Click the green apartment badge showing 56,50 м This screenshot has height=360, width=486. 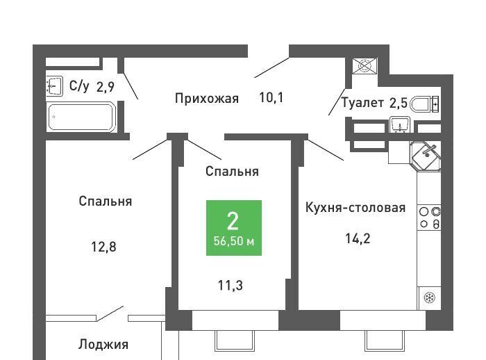pyautogui.click(x=234, y=228)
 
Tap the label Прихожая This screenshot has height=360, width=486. pyautogui.click(x=207, y=99)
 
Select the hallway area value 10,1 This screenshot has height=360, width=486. pyautogui.click(x=271, y=98)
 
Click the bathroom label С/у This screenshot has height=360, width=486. pyautogui.click(x=79, y=86)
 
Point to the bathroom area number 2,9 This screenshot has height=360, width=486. pyautogui.click(x=106, y=87)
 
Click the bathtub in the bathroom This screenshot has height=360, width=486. pyautogui.click(x=81, y=117)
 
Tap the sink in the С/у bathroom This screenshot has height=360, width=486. pyautogui.click(x=55, y=85)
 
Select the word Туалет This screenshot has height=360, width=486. pyautogui.click(x=362, y=102)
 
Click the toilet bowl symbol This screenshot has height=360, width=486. pyautogui.click(x=424, y=104)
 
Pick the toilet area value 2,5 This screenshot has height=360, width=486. pyautogui.click(x=398, y=103)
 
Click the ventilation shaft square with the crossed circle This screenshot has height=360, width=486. pyautogui.click(x=364, y=66)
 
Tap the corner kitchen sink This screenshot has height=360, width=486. pyautogui.click(x=426, y=156)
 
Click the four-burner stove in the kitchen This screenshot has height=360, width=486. pyautogui.click(x=429, y=218)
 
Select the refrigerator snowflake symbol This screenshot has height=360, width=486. pyautogui.click(x=430, y=298)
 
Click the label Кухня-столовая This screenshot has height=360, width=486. pyautogui.click(x=355, y=207)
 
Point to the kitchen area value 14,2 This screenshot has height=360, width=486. pyautogui.click(x=358, y=238)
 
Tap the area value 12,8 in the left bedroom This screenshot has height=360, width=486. pyautogui.click(x=103, y=247)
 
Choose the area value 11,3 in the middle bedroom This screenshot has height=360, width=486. pyautogui.click(x=231, y=285)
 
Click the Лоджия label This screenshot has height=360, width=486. pyautogui.click(x=103, y=345)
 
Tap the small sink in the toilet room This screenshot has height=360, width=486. pyautogui.click(x=400, y=124)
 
